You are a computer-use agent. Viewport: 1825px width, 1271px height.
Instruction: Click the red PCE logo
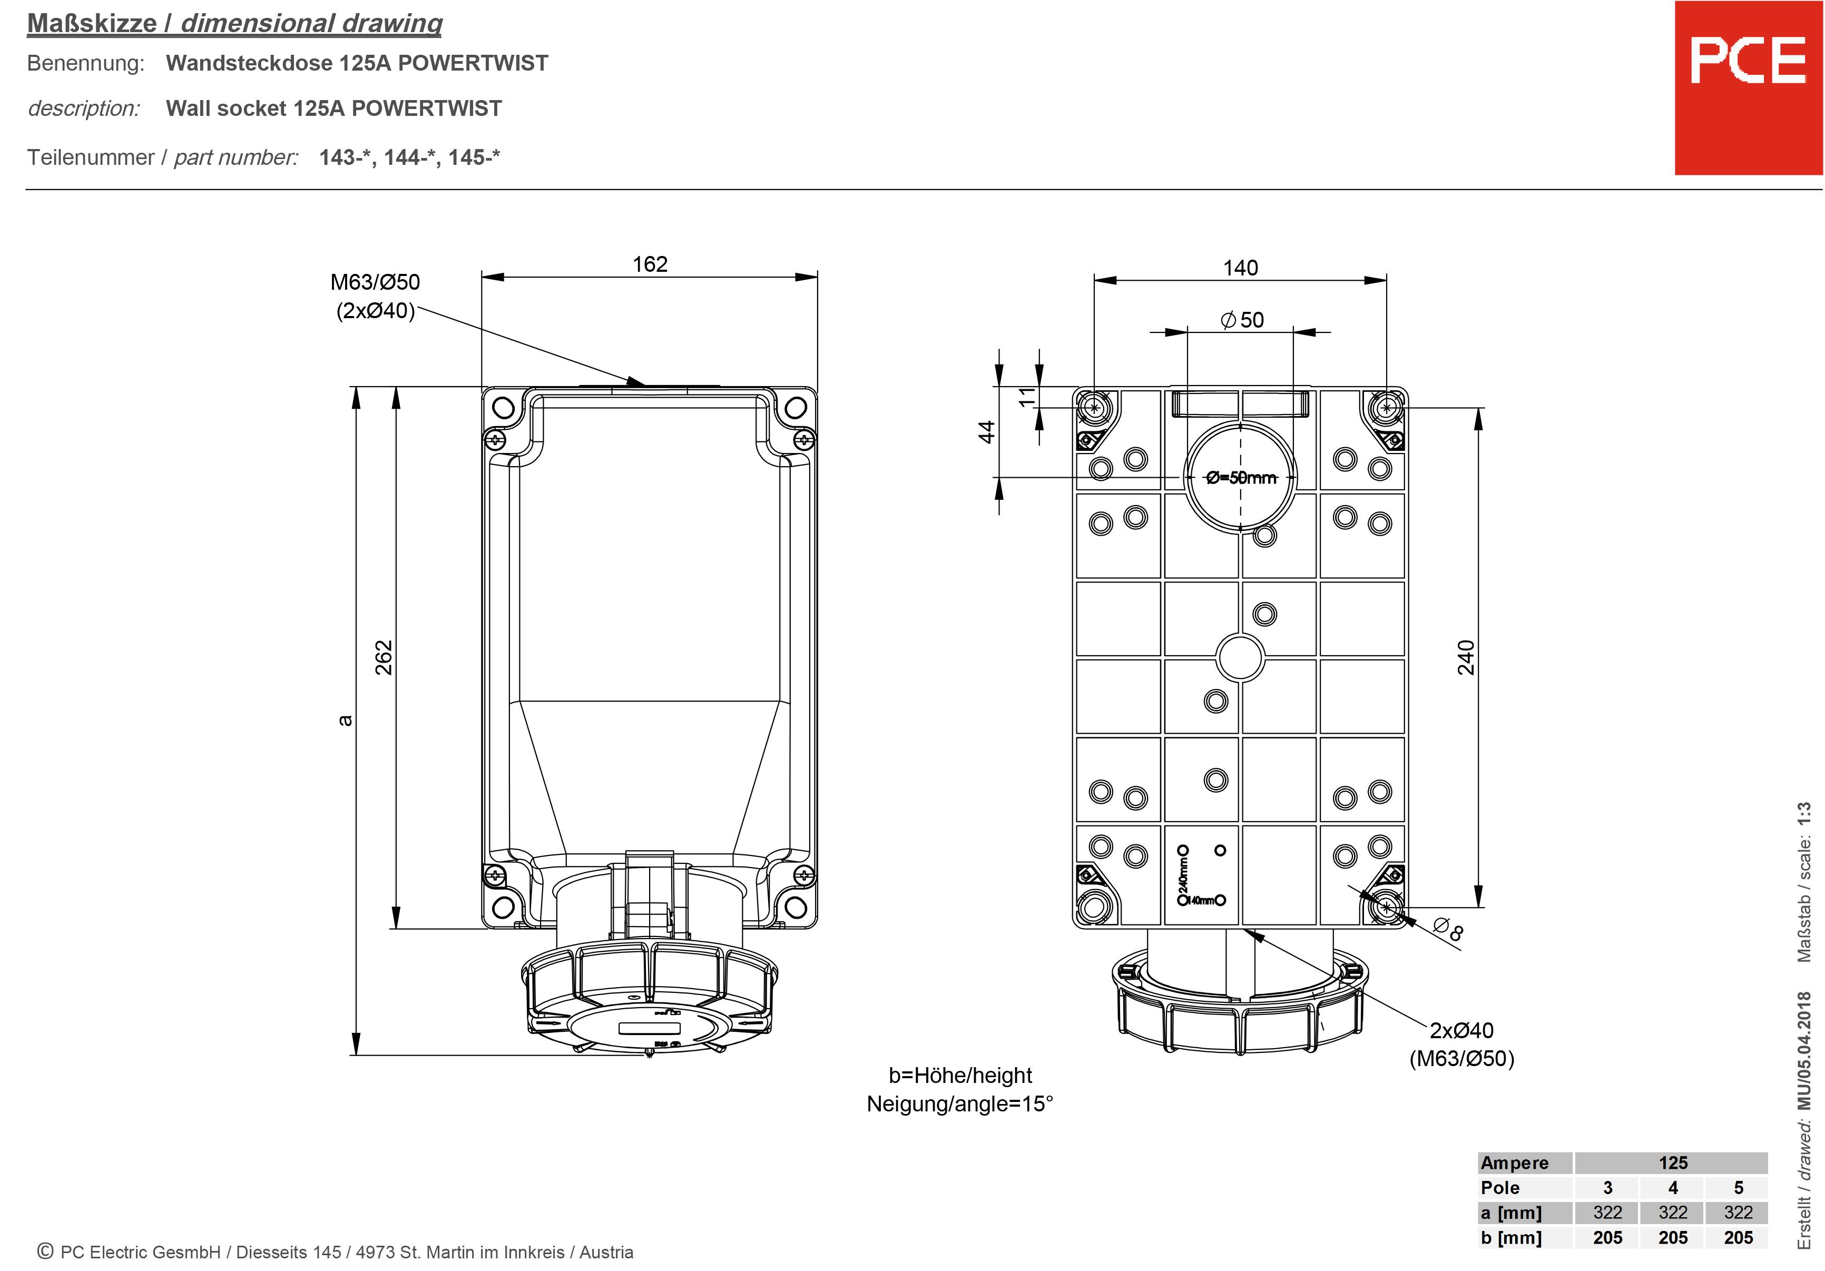click(1747, 87)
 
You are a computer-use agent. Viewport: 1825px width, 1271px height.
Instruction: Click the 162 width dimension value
click(650, 264)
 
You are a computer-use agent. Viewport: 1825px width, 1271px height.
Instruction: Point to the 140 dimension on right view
click(1240, 268)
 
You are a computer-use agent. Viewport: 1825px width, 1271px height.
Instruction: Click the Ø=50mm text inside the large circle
click(1240, 478)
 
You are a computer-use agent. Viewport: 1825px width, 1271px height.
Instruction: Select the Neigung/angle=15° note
click(959, 1104)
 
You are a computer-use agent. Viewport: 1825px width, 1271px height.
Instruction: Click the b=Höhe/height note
click(959, 1076)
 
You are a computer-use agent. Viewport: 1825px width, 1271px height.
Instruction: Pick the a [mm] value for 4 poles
click(1672, 1212)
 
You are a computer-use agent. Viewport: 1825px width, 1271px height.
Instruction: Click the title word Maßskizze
click(92, 24)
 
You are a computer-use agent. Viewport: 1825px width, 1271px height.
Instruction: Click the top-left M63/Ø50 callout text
click(375, 282)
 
